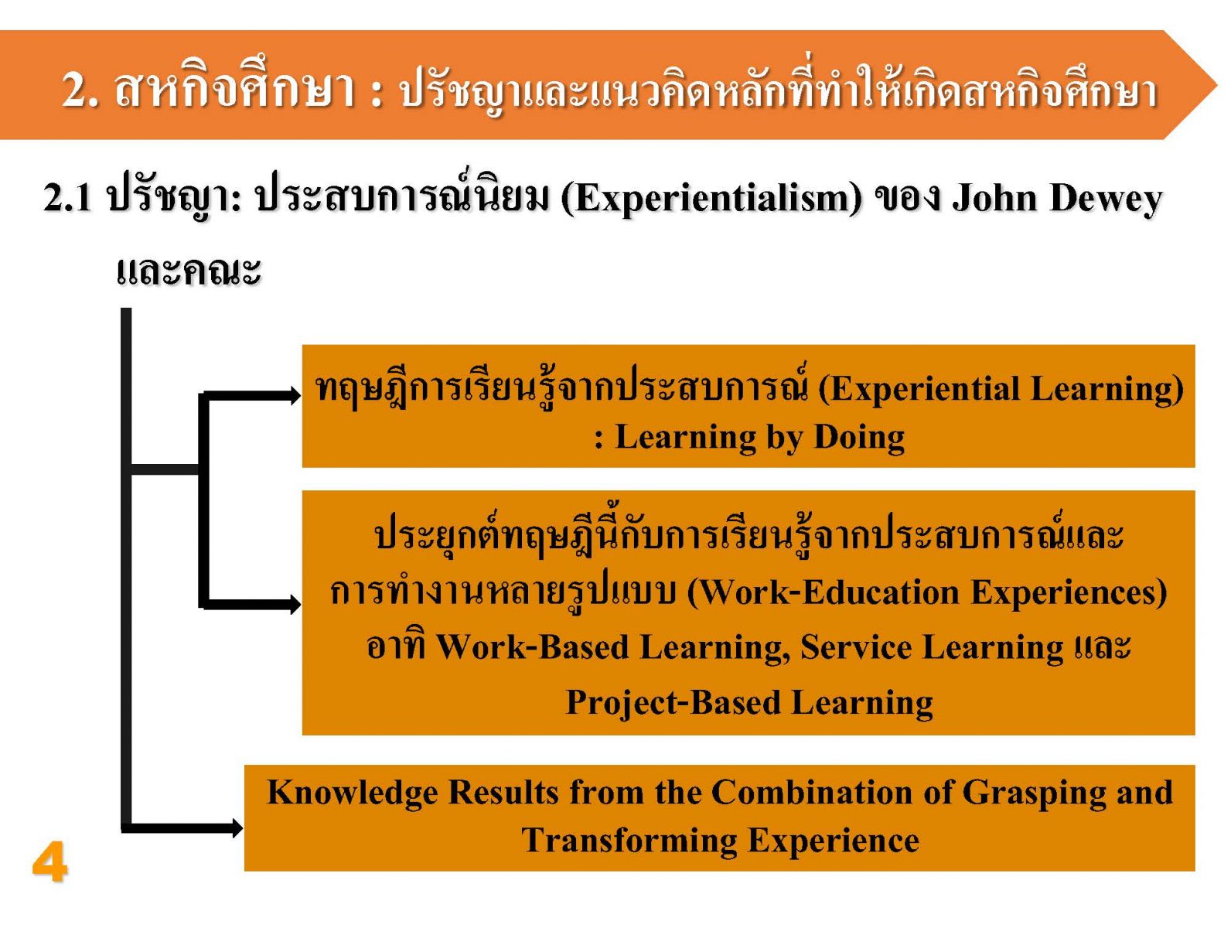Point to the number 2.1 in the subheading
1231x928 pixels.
click(67, 199)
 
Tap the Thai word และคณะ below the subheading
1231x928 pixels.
click(189, 272)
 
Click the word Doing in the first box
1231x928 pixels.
click(859, 437)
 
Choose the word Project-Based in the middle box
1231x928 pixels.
click(673, 703)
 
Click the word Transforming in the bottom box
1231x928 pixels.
click(629, 841)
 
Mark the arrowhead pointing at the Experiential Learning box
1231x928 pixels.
click(295, 395)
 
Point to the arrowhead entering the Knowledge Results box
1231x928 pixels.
click(236, 827)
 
